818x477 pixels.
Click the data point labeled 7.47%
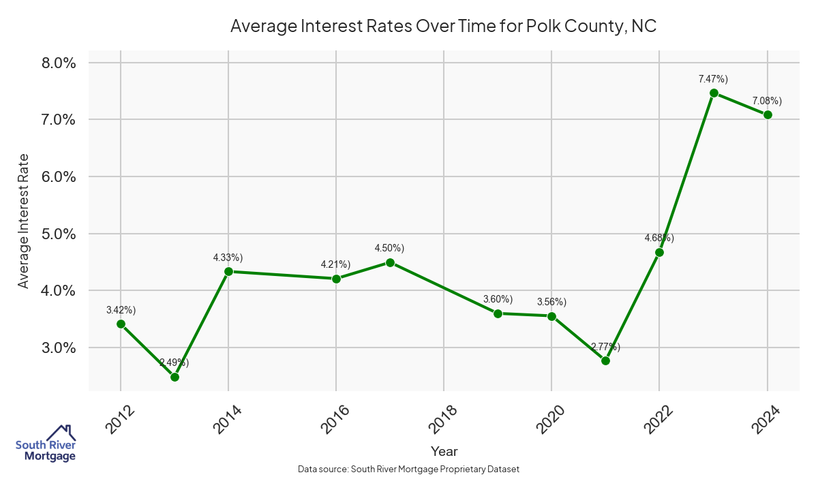tap(714, 93)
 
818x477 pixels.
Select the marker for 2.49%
tap(175, 377)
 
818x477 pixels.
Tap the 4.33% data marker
tap(228, 271)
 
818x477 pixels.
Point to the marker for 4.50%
tap(390, 262)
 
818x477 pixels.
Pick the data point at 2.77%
tap(605, 360)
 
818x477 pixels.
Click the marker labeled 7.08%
tap(768, 114)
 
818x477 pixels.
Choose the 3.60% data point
tap(498, 313)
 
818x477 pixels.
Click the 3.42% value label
tap(121, 310)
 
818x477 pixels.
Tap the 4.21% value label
tap(335, 264)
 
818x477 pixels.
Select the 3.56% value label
tap(551, 302)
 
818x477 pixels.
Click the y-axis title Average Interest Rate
tap(24, 221)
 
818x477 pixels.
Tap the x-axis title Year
tap(444, 451)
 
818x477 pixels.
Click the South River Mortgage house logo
tap(46, 444)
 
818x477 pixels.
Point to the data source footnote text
tap(409, 469)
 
